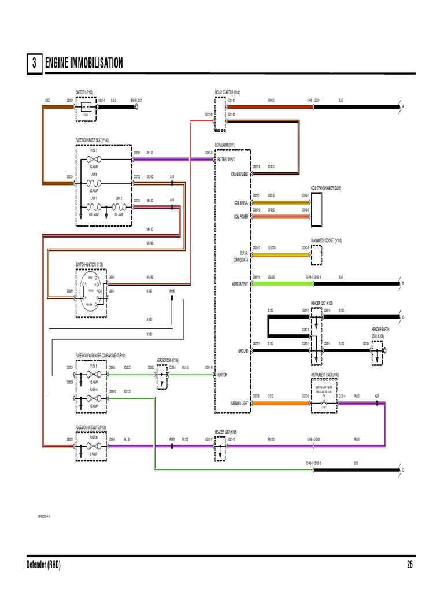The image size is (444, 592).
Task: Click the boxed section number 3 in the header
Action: [x=34, y=64]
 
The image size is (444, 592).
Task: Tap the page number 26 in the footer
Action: [x=410, y=565]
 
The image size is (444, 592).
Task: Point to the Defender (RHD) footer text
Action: [x=43, y=565]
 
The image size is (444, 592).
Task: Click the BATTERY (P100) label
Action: [x=84, y=92]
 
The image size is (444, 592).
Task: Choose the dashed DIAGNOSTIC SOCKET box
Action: [x=317, y=253]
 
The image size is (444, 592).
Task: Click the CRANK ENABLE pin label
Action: [x=239, y=174]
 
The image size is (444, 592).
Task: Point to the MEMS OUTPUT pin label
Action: [x=239, y=284]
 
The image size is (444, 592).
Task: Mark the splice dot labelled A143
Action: [x=172, y=446]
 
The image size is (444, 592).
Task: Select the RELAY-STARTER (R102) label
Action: [x=227, y=92]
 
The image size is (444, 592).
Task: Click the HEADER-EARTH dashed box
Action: [x=376, y=350]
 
